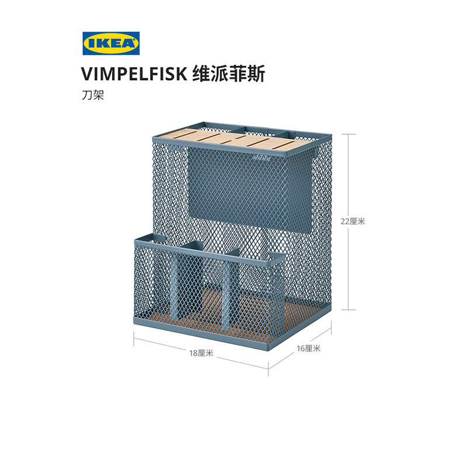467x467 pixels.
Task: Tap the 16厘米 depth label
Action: (309, 348)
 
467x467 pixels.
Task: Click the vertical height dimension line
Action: (348, 221)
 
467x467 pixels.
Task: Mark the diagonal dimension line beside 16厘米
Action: (297, 353)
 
